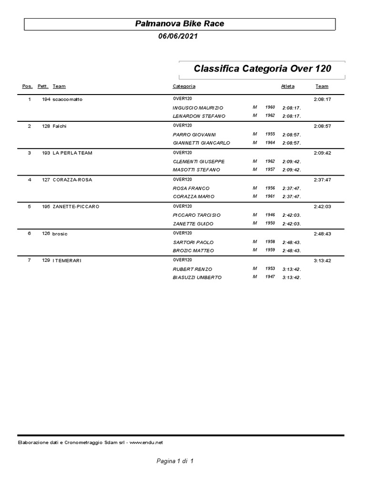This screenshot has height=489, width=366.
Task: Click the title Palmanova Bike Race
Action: click(x=180, y=23)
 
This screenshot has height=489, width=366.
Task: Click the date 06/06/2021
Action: click(x=178, y=36)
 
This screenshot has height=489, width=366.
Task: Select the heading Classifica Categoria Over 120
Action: click(x=262, y=69)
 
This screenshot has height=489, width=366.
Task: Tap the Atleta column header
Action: click(x=288, y=86)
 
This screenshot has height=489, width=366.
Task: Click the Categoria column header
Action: click(x=184, y=86)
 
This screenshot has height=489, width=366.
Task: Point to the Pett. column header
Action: click(x=43, y=86)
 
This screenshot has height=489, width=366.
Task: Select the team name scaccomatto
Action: click(x=68, y=99)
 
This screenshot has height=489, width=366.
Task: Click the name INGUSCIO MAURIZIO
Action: click(x=198, y=108)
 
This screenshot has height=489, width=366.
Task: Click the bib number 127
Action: click(x=46, y=180)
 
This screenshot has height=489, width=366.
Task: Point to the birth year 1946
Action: click(x=270, y=215)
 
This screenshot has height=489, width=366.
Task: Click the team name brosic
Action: click(x=60, y=234)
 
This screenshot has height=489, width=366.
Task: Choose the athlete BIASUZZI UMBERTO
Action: click(x=197, y=277)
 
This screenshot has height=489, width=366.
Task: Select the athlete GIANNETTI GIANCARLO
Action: click(x=201, y=143)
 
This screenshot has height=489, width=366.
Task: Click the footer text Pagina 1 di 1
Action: click(x=175, y=461)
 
